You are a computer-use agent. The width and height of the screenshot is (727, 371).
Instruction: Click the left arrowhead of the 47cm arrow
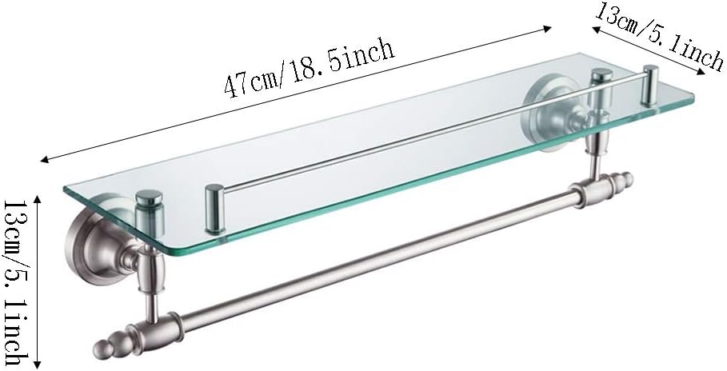coord(41,158)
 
